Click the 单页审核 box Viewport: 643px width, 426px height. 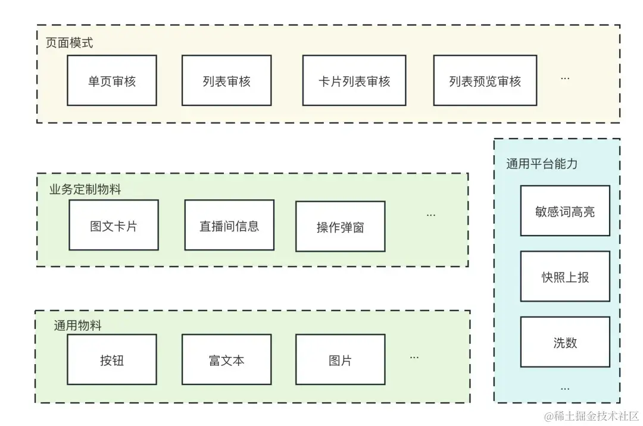coord(112,81)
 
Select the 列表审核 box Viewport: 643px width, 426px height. coord(226,81)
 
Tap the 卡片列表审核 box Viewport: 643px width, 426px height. coord(354,81)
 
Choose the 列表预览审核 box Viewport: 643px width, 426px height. coord(485,81)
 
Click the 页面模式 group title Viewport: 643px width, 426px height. coord(70,43)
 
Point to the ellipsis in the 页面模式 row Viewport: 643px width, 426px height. coord(565,79)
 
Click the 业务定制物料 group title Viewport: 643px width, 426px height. coord(85,189)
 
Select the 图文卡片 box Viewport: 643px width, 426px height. coord(114,225)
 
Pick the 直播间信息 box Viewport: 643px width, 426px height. coord(229,225)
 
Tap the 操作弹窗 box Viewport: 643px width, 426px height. coord(341,227)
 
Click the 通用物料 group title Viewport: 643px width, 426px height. coord(77,325)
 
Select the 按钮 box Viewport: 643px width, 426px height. coord(112,360)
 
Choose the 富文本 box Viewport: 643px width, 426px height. coord(226,360)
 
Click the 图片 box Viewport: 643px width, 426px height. coord(340,360)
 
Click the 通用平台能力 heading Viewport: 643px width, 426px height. coord(542,164)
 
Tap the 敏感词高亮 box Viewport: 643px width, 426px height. coord(565,211)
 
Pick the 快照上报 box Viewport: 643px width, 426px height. coord(565,277)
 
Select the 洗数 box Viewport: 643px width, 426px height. coord(565,342)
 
